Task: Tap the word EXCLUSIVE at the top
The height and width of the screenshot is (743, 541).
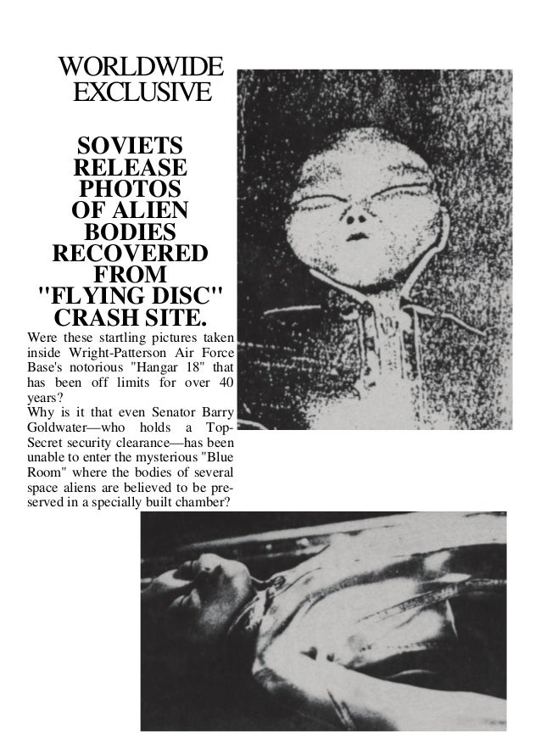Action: tap(140, 91)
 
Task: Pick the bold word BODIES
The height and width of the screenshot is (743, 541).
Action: tap(130, 232)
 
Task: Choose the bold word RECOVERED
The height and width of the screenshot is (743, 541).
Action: tap(130, 254)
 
